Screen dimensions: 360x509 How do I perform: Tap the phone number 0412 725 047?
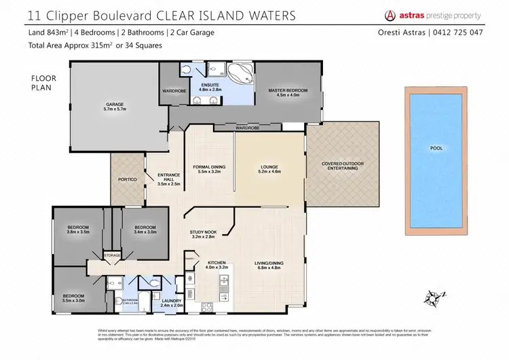pos(461,33)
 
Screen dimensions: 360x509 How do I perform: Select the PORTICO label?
pos(128,179)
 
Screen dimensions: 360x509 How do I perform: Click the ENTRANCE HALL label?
pos(167,177)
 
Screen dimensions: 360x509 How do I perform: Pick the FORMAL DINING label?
pos(209,167)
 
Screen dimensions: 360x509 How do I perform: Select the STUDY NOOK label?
pos(202,232)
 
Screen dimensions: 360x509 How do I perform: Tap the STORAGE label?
pos(112,255)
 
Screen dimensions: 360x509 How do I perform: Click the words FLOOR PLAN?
pos(43,83)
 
